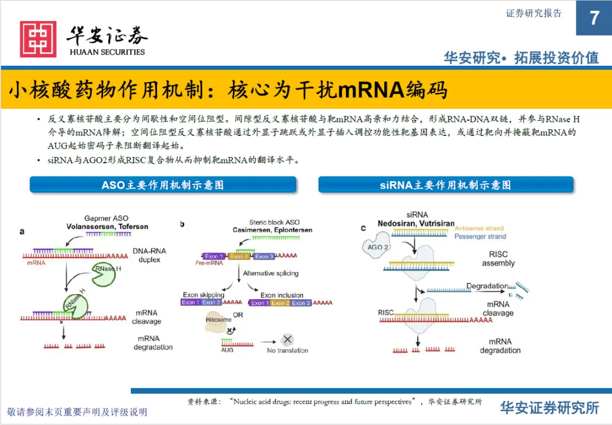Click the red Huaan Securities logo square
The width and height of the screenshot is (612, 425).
38,39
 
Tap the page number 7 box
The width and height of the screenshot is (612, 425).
594,18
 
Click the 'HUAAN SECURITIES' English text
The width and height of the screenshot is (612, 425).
107,52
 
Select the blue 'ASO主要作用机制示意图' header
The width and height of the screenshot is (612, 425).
163,185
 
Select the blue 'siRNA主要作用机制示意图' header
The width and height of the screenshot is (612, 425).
445,185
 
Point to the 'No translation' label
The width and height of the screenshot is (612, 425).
287,350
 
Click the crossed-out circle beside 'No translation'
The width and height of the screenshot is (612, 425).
287,339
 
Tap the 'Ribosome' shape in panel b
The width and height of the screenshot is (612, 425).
218,321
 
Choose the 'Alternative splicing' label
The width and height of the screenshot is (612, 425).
270,273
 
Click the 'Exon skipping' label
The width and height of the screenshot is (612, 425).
203,295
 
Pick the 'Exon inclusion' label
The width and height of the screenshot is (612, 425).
282,295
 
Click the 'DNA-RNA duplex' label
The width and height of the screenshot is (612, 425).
149,255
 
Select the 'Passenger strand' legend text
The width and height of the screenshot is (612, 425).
480,236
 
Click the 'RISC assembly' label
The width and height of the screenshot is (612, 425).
498,258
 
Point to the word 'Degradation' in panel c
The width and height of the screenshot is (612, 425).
487,286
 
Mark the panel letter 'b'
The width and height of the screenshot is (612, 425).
182,224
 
